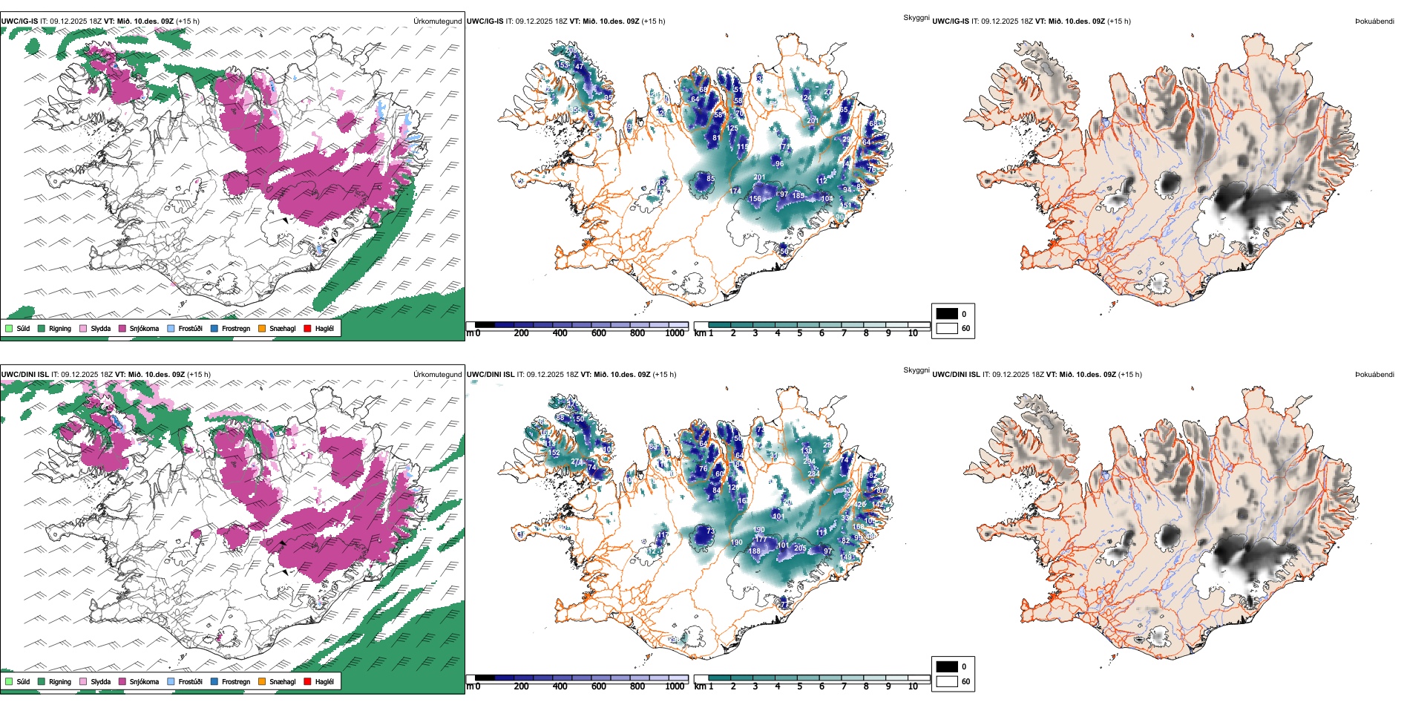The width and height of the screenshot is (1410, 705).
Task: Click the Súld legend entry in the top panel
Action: tap(18, 328)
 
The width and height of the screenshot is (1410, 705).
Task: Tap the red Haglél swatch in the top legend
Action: tap(307, 328)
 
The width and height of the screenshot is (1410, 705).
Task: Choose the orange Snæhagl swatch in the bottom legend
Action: tap(262, 681)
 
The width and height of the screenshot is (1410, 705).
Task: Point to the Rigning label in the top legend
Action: tap(60, 328)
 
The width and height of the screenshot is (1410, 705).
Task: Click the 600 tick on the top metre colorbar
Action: tap(599, 333)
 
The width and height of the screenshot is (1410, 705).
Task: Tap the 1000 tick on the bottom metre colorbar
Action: tap(675, 686)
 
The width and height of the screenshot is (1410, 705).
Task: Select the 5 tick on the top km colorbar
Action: tap(800, 333)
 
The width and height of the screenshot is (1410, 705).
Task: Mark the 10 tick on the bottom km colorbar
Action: tap(913, 686)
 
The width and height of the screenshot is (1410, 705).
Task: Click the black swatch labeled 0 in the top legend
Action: tap(947, 313)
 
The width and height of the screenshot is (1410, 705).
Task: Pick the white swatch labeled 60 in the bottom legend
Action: tap(947, 681)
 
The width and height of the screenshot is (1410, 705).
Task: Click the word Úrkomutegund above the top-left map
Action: tap(437, 22)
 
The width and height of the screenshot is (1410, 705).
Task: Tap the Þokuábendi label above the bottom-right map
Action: tap(1374, 375)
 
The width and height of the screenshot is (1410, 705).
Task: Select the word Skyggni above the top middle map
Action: tap(916, 17)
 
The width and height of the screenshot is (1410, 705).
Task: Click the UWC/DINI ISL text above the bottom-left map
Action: tap(24, 375)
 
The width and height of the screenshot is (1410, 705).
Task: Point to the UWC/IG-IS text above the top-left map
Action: tap(19, 22)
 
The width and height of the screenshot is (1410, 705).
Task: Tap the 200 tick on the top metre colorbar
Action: tap(522, 333)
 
